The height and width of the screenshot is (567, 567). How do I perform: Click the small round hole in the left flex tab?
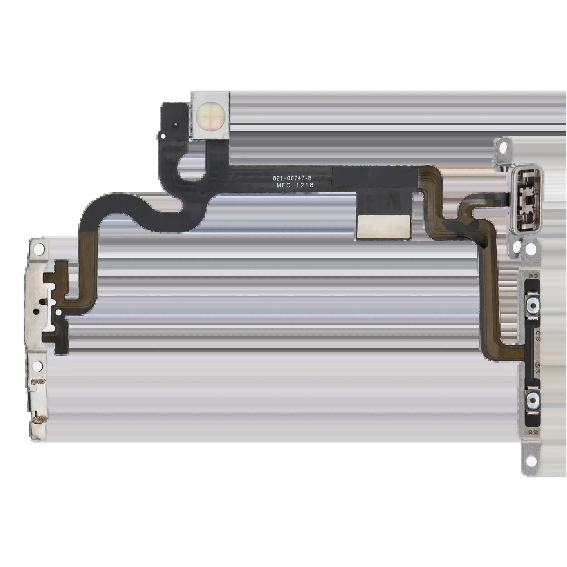pos(59,313)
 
